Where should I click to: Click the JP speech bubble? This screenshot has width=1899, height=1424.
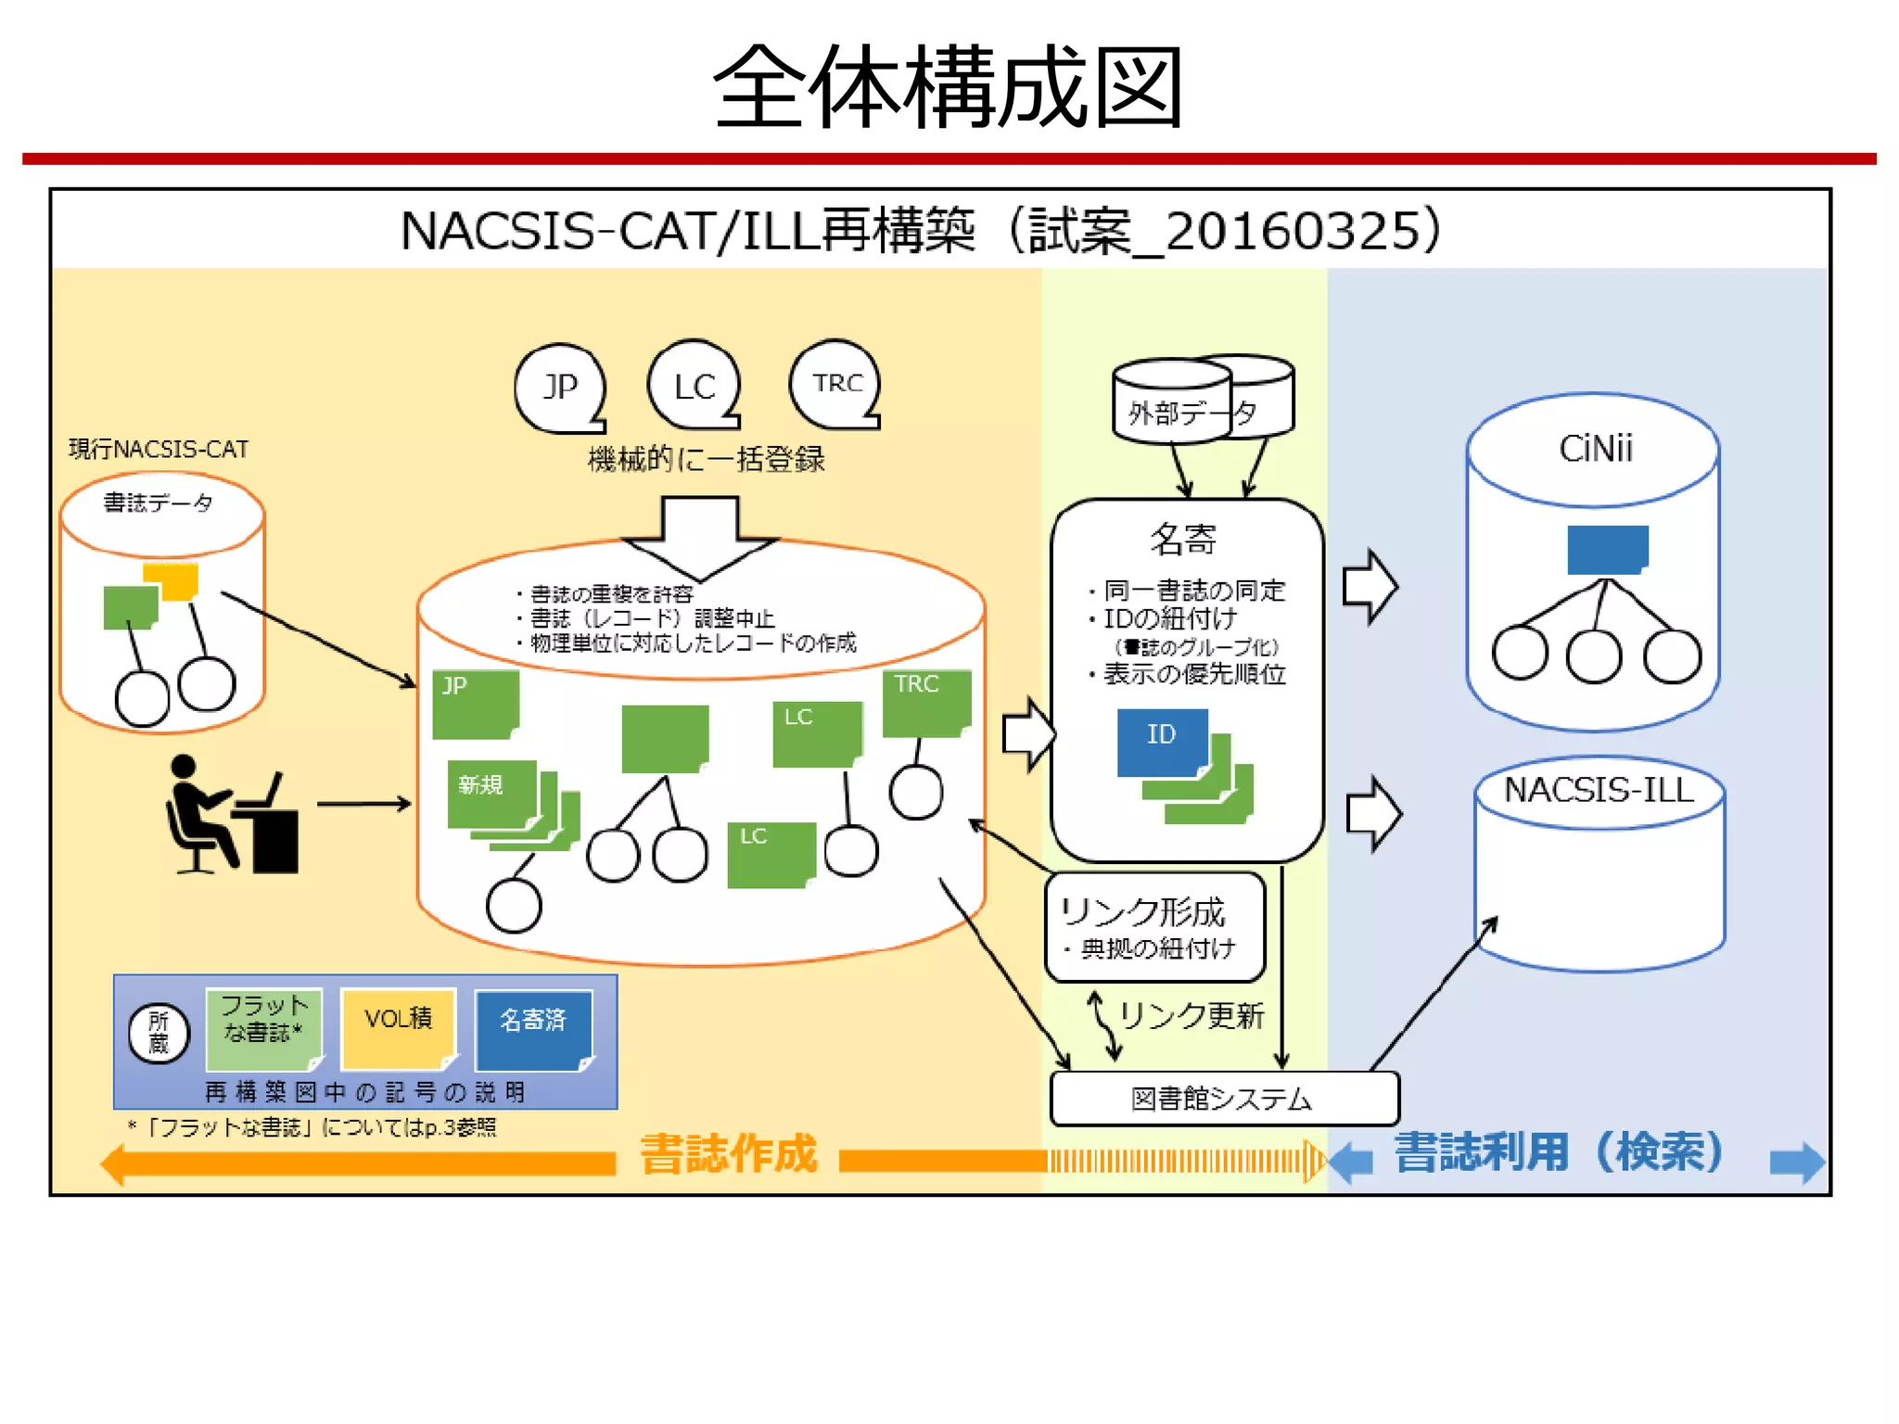(560, 387)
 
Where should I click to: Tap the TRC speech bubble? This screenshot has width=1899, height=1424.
(835, 384)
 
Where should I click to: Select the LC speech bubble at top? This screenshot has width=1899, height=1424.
(694, 386)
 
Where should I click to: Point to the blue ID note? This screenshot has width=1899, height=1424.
(1162, 740)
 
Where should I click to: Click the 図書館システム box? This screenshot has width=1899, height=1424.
(1223, 1099)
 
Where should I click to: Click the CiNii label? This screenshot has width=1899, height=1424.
(1595, 449)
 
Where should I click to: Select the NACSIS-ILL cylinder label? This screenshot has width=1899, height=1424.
(1599, 790)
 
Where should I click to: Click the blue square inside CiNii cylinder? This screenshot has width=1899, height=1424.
(1607, 550)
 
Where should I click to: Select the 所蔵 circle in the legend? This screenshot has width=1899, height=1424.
(159, 1033)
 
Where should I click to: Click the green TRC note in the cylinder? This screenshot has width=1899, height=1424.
(925, 702)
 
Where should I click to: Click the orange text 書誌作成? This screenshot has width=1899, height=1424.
(729, 1153)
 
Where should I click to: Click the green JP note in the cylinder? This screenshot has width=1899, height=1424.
(475, 703)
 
